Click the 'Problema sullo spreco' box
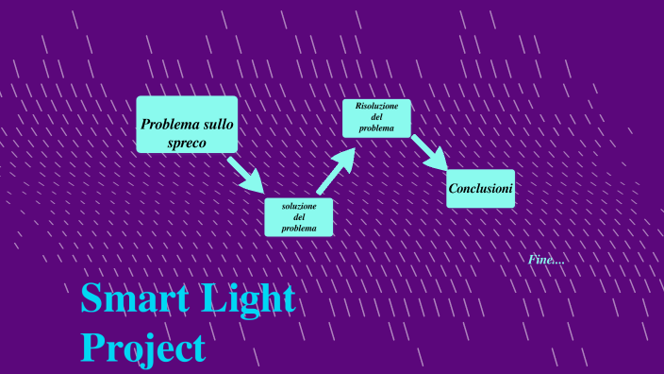pos(187,124)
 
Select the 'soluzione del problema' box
pos(298,217)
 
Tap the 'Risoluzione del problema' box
pos(376,118)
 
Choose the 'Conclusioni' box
pos(480,189)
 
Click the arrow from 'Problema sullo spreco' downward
pos(246,174)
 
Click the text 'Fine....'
pos(547,259)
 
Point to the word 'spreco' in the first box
pos(187,144)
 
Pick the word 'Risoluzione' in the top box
pos(377,105)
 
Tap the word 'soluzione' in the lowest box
pos(299,205)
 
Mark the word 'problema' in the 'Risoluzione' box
pos(376,127)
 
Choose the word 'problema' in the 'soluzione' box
pos(299,229)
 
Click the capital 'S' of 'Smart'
pos(91,298)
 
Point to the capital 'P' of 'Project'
pos(91,347)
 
